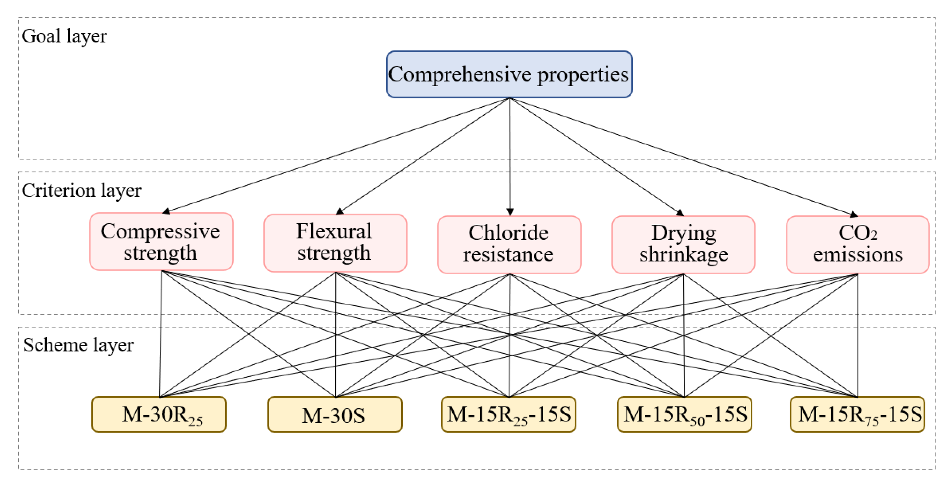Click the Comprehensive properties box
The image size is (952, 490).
(x=509, y=74)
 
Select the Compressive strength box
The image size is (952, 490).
(x=161, y=241)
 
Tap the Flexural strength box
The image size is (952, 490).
(x=335, y=243)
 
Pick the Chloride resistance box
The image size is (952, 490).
(x=509, y=244)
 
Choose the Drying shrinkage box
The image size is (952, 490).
(x=683, y=244)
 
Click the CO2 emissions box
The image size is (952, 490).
(x=857, y=244)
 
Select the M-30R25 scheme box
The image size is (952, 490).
(x=159, y=414)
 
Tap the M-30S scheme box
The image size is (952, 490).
(x=335, y=414)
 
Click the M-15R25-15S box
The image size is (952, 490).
(x=509, y=414)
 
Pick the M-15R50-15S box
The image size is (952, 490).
(x=684, y=414)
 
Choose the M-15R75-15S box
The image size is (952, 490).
(x=857, y=414)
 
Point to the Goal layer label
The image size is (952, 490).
(x=64, y=36)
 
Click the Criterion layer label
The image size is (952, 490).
(x=81, y=191)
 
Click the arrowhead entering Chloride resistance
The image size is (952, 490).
(x=510, y=212)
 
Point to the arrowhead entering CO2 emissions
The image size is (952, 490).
(x=853, y=214)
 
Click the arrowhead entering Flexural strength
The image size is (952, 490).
(x=340, y=212)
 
